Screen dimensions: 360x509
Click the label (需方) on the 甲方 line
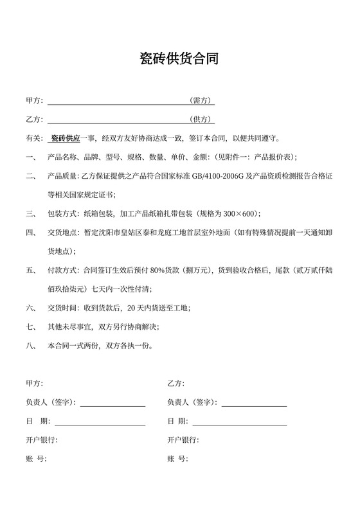click(201, 101)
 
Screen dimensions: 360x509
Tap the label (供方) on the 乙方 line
click(201, 120)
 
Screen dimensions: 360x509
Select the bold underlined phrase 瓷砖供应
click(65, 138)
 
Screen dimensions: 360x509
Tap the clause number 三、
click(31, 213)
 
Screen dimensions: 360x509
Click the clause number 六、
click(31, 308)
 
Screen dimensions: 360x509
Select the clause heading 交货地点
click(62, 233)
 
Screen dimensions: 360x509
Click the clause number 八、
click(31, 346)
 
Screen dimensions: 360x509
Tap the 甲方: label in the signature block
click(34, 384)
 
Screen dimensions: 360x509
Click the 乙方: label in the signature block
click(175, 384)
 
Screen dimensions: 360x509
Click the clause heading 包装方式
click(62, 213)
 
